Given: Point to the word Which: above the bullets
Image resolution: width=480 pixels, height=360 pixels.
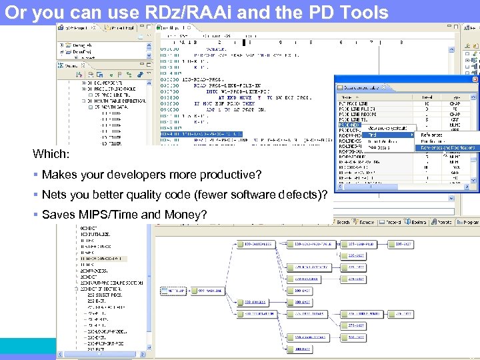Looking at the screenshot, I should point(51,154).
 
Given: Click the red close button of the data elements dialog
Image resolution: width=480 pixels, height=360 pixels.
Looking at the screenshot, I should point(474,87).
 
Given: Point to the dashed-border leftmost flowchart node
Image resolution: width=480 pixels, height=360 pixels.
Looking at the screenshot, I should point(177,291).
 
